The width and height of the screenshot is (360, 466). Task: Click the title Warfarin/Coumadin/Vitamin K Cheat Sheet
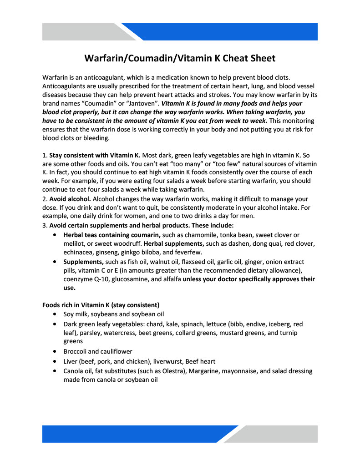180,58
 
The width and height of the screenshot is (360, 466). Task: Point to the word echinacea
79,252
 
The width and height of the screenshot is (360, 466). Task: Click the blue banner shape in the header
223,32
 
